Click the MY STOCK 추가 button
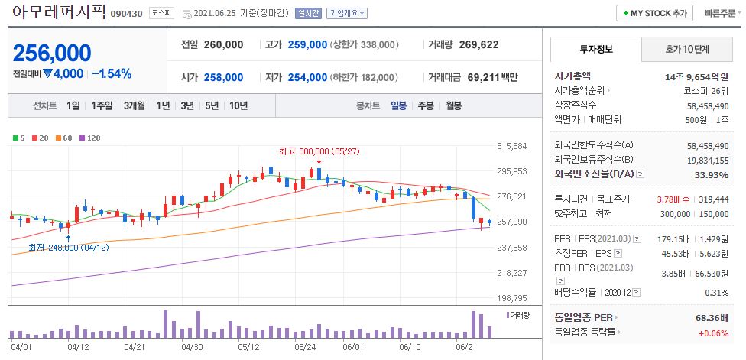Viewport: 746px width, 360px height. [x=655, y=13]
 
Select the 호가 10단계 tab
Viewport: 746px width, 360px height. [x=687, y=50]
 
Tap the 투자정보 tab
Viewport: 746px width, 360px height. [x=596, y=50]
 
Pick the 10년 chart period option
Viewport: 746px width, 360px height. [x=238, y=105]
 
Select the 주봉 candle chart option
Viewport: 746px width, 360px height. [x=426, y=105]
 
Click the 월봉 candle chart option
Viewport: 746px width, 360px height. [x=453, y=105]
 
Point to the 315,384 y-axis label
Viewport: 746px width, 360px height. [x=512, y=145]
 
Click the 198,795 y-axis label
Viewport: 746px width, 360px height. [x=512, y=297]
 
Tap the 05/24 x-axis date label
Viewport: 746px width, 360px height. [x=306, y=346]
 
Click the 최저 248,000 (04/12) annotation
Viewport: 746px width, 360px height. [x=68, y=248]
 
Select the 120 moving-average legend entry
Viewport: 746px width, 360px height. [x=90, y=138]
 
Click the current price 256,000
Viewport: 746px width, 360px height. [x=52, y=53]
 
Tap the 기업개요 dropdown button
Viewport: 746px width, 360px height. [x=347, y=14]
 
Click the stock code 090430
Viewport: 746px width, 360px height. [x=125, y=14]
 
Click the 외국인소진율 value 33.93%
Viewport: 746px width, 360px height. [x=712, y=174]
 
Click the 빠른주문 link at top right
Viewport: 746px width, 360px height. [x=721, y=13]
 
